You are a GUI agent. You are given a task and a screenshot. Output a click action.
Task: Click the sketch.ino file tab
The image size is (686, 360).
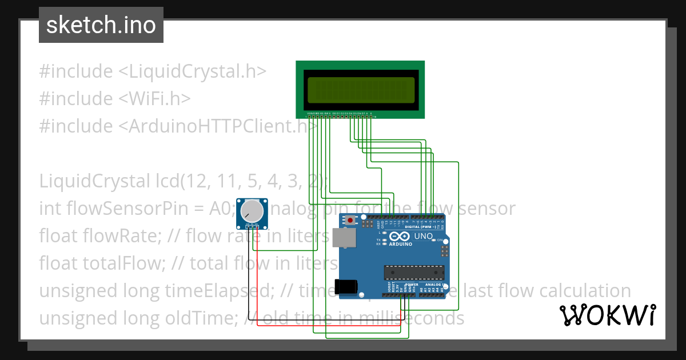click(101, 25)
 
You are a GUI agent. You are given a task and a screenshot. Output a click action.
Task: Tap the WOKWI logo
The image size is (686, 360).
click(607, 315)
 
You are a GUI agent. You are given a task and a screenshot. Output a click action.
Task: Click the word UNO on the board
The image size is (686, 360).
click(423, 236)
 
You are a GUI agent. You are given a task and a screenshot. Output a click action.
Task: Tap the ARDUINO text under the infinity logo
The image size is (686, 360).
click(401, 244)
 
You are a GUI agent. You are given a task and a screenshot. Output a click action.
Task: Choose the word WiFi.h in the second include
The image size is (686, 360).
click(154, 99)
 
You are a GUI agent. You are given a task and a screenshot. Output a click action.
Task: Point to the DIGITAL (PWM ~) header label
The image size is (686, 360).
click(424, 227)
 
